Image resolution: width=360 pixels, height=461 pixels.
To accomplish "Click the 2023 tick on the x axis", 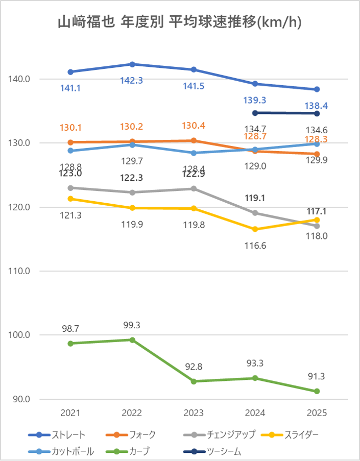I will pyautogui.click(x=194, y=413).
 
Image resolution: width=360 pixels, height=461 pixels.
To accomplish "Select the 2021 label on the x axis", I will pyautogui.click(x=70, y=413).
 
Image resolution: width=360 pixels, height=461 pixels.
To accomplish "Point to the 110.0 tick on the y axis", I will pyautogui.click(x=20, y=271).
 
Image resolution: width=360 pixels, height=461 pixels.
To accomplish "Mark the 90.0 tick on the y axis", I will pyautogui.click(x=21, y=399).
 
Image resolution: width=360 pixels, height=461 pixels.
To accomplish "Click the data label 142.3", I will pyautogui.click(x=132, y=81).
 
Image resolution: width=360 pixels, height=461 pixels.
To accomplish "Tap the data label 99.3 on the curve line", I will pyautogui.click(x=132, y=325).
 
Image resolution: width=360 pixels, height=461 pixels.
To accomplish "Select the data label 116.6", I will pyautogui.click(x=255, y=246).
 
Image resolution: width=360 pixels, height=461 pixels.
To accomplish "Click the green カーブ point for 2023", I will pyautogui.click(x=194, y=381).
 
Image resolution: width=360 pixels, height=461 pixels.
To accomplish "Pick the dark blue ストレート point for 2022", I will pyautogui.click(x=132, y=64).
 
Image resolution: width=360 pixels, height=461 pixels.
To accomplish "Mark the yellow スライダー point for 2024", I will pyautogui.click(x=255, y=229).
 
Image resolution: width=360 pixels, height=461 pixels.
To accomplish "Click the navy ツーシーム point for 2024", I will pyautogui.click(x=255, y=113).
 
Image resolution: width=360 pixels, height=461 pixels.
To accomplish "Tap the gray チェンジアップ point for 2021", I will pyautogui.click(x=70, y=188).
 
